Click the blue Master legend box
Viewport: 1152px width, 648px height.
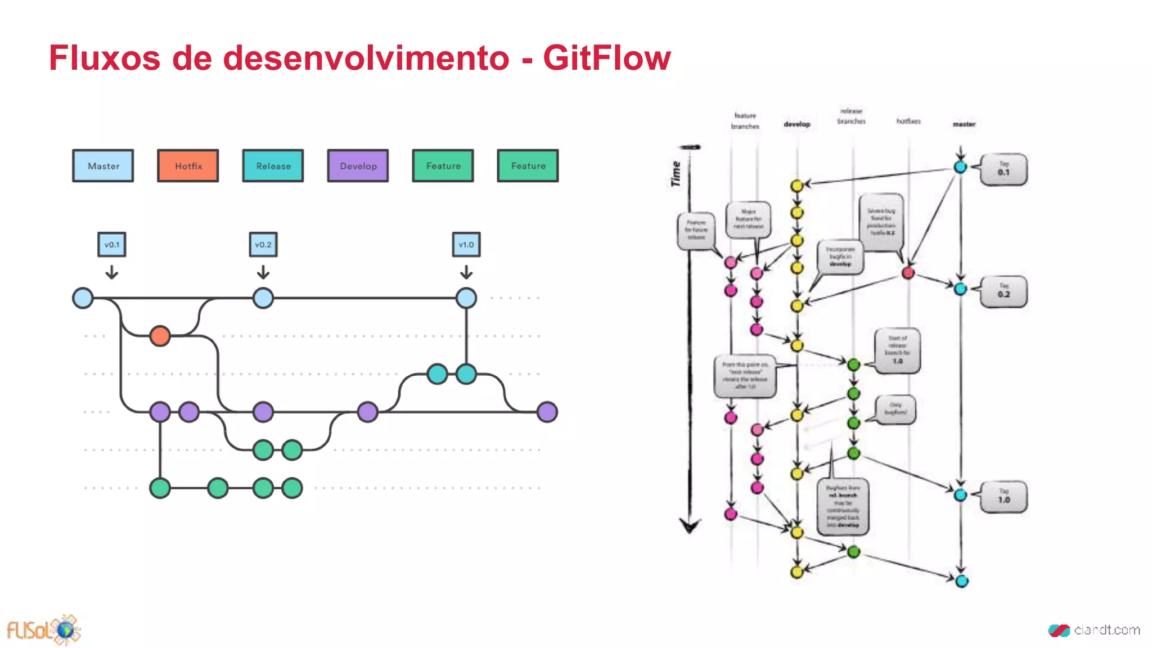(103, 166)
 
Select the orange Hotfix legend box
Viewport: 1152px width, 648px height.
(188, 166)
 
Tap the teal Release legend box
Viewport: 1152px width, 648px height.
(273, 166)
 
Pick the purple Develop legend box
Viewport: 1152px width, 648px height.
(358, 166)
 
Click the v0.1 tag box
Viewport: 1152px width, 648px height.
(111, 245)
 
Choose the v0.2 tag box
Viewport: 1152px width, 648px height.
(263, 245)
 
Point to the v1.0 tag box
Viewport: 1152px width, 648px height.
(466, 245)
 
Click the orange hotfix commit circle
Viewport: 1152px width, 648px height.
(160, 336)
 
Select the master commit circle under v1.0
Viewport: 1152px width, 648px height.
(466, 298)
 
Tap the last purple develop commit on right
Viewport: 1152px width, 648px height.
(547, 412)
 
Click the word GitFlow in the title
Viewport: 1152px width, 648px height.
(606, 58)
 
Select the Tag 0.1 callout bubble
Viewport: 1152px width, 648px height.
(1003, 169)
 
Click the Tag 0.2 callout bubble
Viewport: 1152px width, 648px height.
(1003, 291)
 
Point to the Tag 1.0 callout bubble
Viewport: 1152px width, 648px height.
(1003, 497)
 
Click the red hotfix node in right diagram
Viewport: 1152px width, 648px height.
(908, 273)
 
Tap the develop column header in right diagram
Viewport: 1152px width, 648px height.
(796, 124)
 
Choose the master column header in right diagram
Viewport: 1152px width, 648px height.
(964, 124)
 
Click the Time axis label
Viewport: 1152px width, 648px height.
(676, 174)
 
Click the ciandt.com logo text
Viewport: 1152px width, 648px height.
(1106, 630)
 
